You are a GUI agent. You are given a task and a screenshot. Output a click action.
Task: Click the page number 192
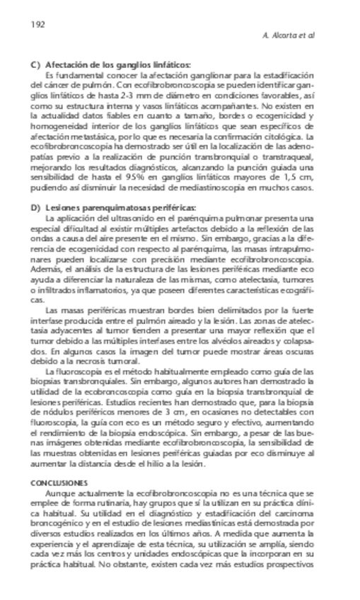(x=38, y=24)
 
